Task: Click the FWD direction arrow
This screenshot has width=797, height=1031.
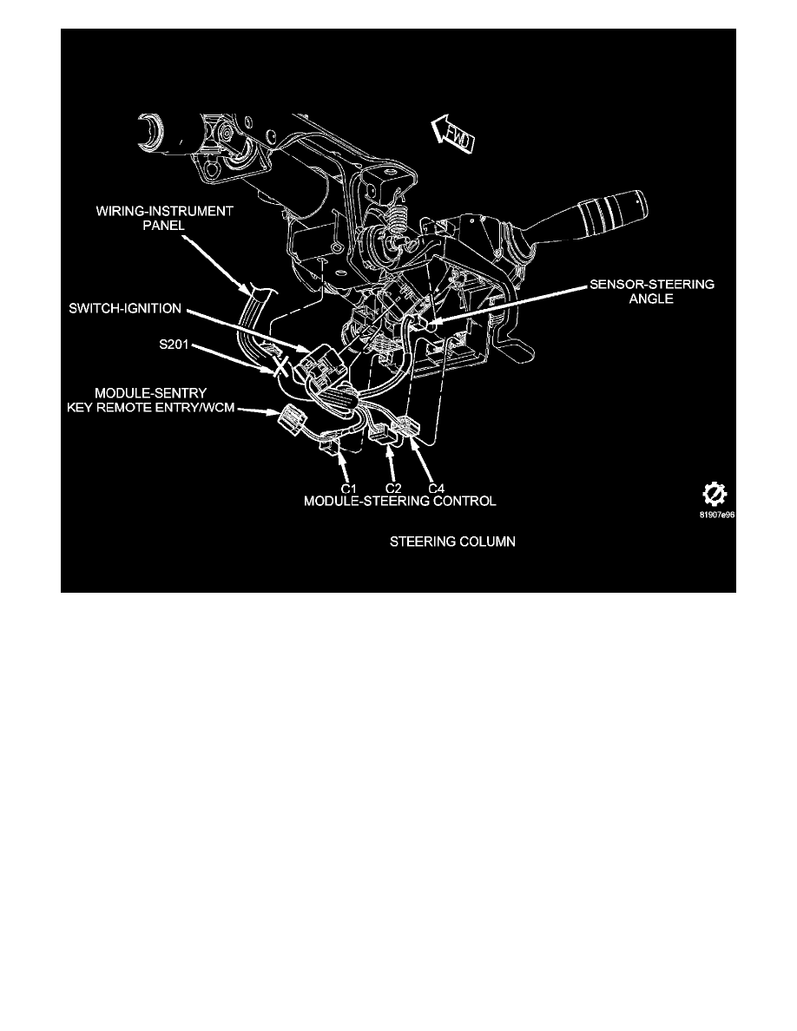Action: point(452,135)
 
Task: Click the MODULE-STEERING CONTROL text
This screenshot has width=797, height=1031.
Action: point(400,502)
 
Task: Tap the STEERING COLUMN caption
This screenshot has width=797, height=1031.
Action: point(451,542)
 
